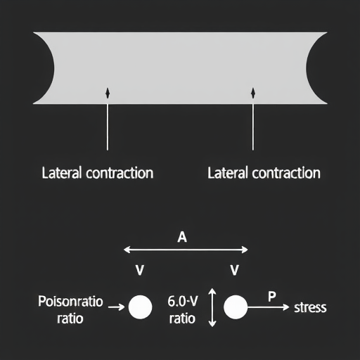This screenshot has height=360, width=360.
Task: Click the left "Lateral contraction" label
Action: [98, 173]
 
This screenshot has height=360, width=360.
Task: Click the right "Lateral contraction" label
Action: [264, 173]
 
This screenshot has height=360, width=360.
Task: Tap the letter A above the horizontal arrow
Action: [182, 237]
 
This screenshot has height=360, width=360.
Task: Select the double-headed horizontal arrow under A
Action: [186, 250]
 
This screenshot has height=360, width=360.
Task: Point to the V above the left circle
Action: [140, 270]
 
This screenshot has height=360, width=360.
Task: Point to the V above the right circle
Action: [235, 270]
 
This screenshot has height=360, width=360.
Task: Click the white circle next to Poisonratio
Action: [140, 307]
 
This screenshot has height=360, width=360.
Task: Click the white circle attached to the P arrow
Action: [236, 307]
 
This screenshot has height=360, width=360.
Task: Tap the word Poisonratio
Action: [70, 301]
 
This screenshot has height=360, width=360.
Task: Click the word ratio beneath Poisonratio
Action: [70, 319]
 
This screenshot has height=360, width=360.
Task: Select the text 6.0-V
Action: [183, 301]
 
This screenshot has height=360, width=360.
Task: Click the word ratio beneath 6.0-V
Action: [182, 319]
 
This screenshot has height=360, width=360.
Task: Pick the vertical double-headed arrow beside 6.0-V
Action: [212, 307]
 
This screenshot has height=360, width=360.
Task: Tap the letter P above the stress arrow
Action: [272, 297]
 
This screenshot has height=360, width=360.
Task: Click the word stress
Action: [310, 307]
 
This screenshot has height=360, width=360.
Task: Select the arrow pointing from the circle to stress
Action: [269, 307]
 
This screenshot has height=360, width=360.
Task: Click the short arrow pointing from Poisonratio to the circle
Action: [117, 307]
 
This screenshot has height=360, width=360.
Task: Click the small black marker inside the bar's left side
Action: [108, 93]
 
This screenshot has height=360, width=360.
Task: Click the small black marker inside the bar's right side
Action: [253, 93]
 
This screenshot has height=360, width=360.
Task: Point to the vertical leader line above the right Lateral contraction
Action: [253, 127]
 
